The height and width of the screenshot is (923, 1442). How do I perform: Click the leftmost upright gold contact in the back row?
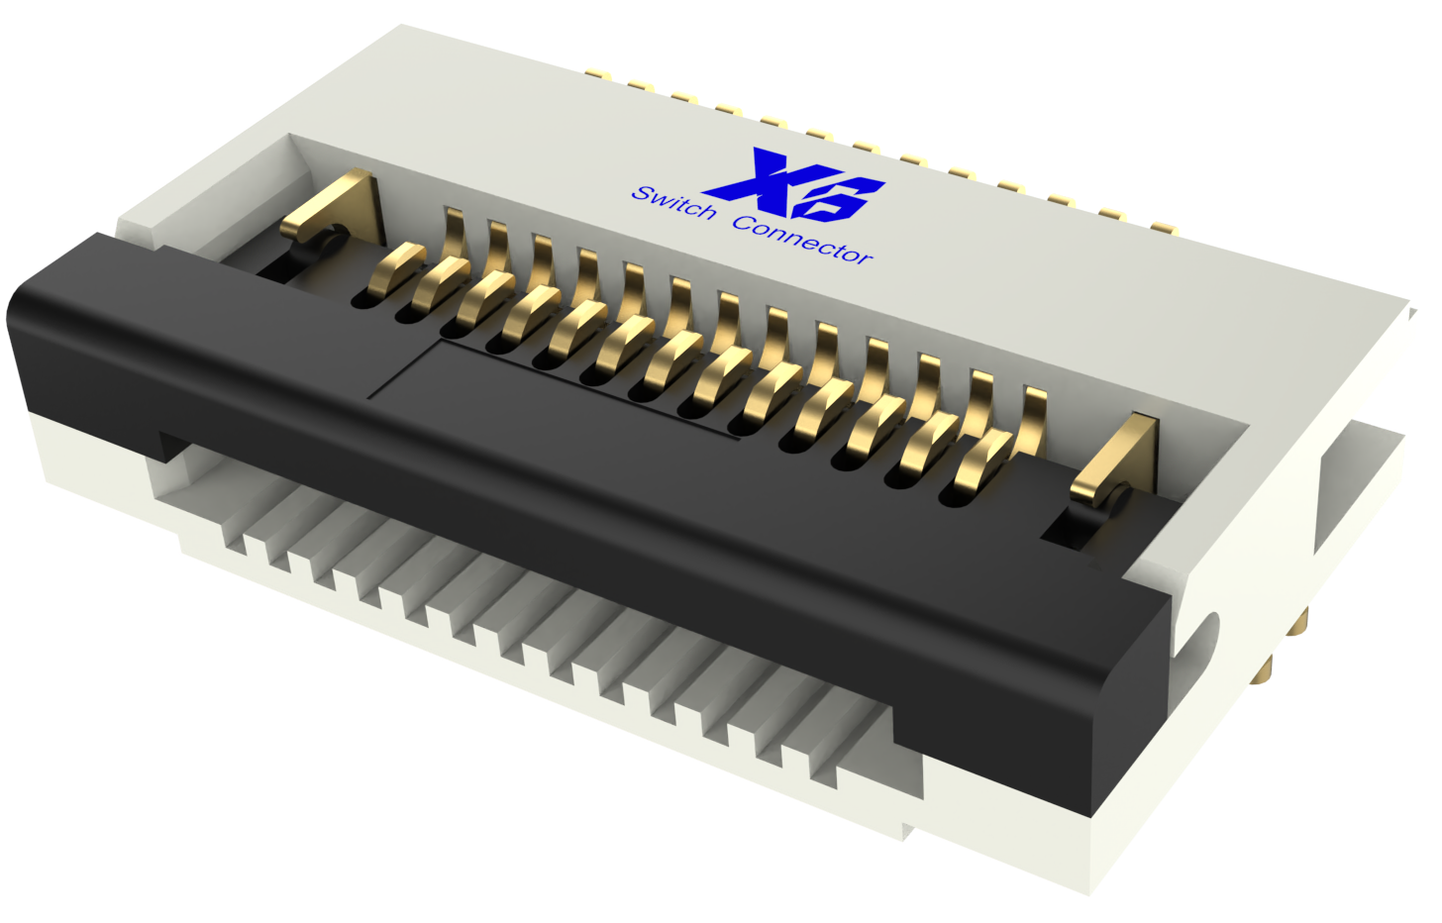tap(455, 234)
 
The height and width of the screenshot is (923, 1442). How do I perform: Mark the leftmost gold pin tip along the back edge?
tap(595, 73)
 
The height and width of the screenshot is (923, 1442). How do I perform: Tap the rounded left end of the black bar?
tap(30, 337)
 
